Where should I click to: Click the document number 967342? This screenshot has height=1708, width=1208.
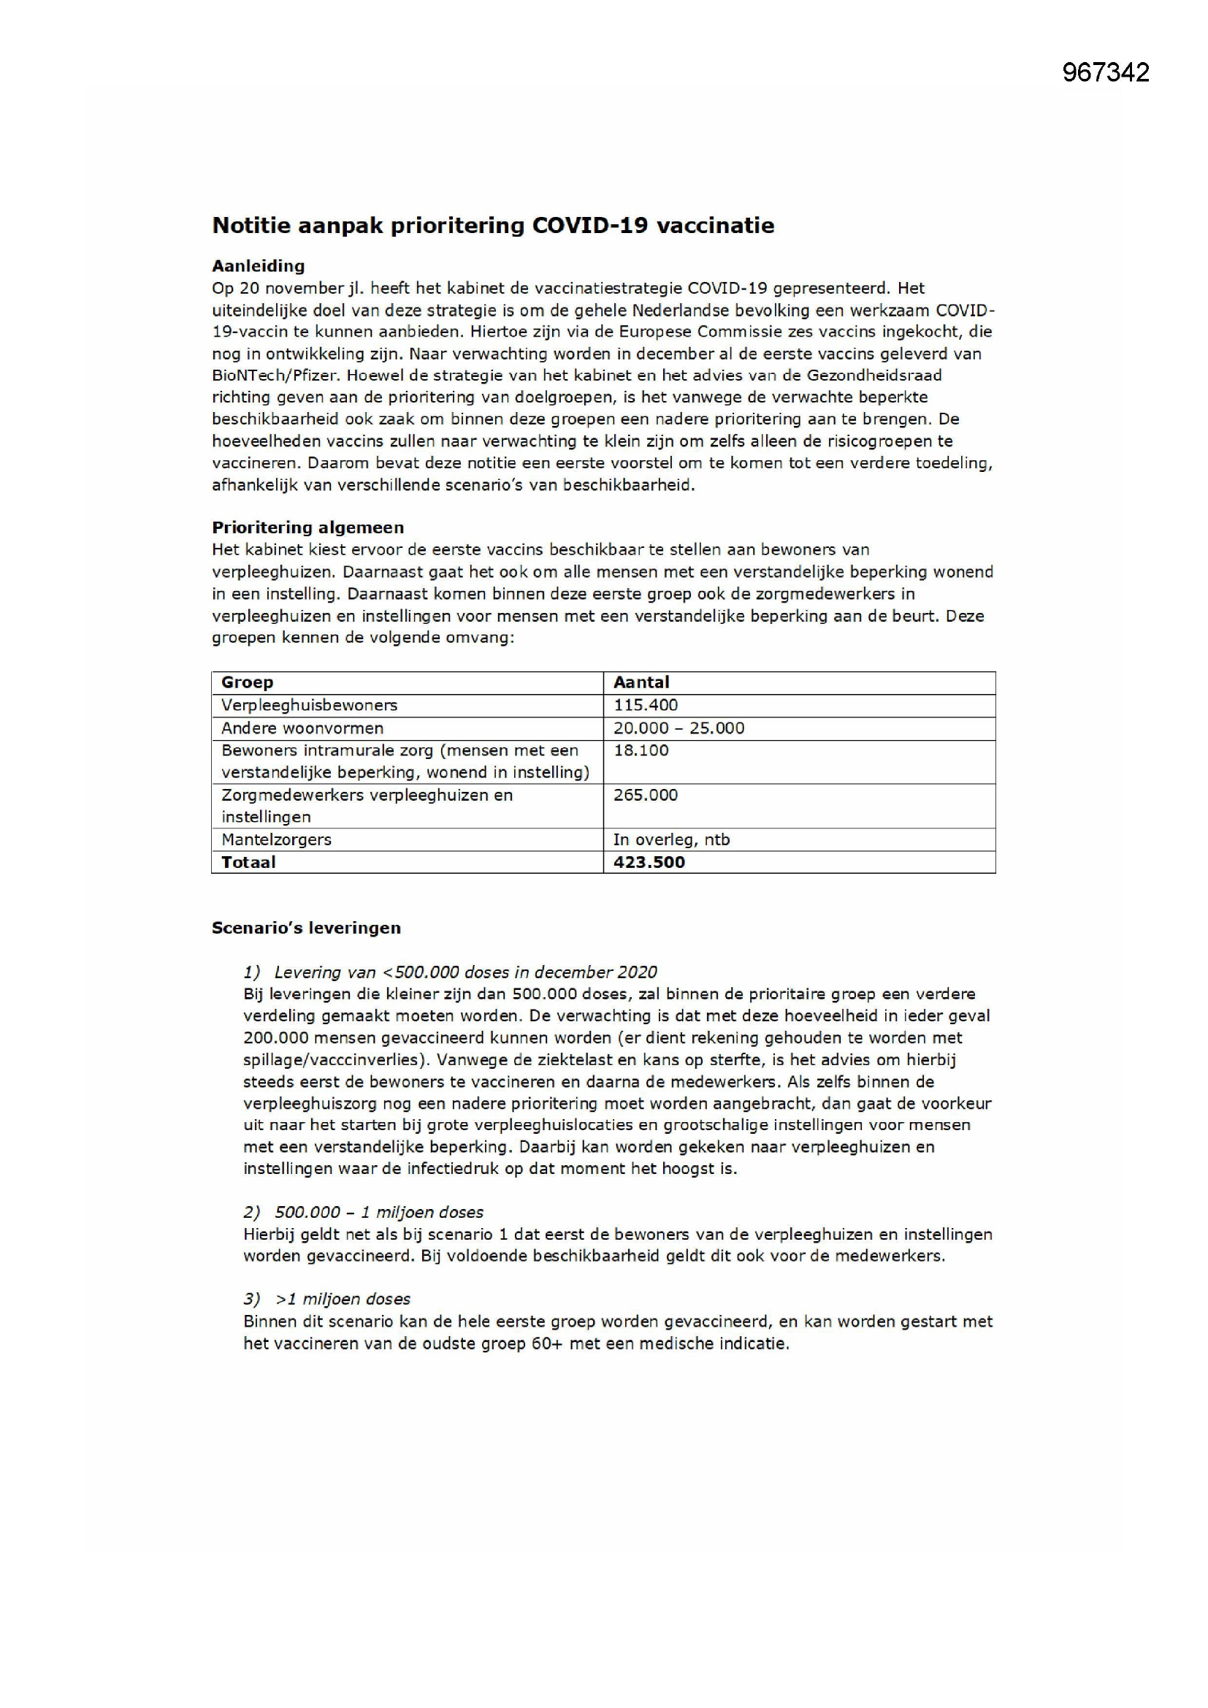[x=1105, y=72]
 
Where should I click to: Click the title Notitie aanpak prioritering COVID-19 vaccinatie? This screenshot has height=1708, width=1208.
[x=493, y=226]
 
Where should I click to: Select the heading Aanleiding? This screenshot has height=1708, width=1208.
[x=258, y=266]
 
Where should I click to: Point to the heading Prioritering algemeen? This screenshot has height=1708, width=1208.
[x=308, y=527]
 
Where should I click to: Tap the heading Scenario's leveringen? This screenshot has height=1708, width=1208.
[x=306, y=928]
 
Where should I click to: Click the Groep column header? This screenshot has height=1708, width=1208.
[x=247, y=682]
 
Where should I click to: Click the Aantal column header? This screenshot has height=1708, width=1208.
[x=641, y=682]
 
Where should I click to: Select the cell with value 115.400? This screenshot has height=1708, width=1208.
[x=646, y=705]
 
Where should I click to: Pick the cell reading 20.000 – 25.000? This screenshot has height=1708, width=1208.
[x=678, y=728]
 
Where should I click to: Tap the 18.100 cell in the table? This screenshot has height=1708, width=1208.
[x=641, y=750]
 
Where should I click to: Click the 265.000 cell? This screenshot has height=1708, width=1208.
[x=646, y=795]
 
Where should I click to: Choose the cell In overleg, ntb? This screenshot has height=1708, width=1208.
[x=672, y=839]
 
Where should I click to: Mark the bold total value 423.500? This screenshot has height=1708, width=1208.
[x=649, y=862]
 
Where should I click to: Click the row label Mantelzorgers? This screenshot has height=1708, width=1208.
[x=276, y=839]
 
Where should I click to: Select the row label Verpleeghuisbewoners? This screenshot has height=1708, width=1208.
[x=310, y=705]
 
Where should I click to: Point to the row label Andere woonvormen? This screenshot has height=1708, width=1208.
[x=302, y=728]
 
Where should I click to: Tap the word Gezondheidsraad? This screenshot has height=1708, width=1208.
[x=874, y=375]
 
